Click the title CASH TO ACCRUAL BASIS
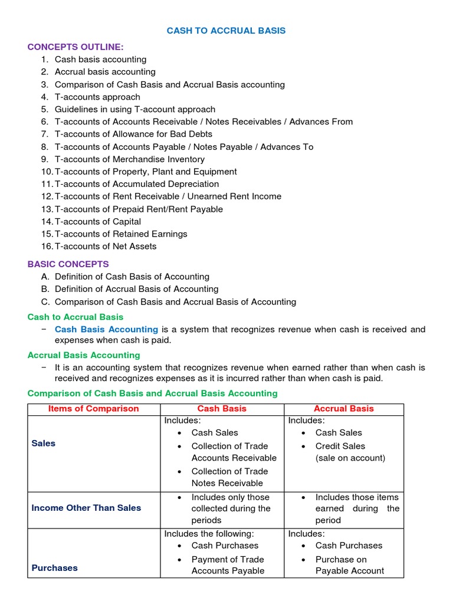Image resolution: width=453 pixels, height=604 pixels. (226, 31)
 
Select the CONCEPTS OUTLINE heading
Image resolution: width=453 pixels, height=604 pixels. (75, 47)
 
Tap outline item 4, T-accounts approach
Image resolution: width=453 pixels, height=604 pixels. (97, 97)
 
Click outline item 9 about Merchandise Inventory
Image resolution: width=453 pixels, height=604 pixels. (130, 159)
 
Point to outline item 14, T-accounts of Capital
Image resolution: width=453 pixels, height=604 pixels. (98, 222)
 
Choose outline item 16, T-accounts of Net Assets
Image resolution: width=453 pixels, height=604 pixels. (106, 247)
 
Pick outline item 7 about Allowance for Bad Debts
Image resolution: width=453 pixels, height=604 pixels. (133, 134)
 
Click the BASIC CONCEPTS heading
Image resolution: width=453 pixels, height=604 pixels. (68, 264)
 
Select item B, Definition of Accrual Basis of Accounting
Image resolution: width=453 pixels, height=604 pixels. (136, 289)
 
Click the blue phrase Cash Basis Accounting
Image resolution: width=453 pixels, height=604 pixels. (106, 329)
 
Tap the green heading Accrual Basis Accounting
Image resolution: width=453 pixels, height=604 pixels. (84, 355)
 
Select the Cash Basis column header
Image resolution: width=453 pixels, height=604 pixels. (222, 408)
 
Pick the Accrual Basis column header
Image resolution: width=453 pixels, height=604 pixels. (344, 408)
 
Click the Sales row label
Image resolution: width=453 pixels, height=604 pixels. (44, 444)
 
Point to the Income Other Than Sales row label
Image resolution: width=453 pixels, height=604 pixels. (86, 508)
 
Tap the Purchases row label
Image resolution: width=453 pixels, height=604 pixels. (55, 568)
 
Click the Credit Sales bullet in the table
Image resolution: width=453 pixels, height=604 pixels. (340, 446)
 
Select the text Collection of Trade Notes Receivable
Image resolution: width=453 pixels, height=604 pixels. (229, 477)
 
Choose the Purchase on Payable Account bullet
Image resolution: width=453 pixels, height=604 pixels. (349, 565)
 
